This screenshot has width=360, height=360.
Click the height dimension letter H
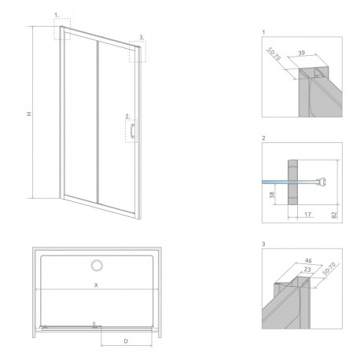tap(30, 114)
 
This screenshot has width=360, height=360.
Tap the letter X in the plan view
tap(96, 285)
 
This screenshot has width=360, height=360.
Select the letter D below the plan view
tap(126, 341)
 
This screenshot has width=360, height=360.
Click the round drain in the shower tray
tap(97, 266)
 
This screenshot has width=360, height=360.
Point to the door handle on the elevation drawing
tap(133, 131)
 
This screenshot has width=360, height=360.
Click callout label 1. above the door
tap(57, 16)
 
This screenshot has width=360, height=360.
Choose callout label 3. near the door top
tap(141, 38)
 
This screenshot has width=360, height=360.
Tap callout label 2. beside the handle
tap(127, 116)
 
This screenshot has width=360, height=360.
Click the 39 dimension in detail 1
tap(302, 53)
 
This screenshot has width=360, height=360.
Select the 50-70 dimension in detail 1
tap(274, 54)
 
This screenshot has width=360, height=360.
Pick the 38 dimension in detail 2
tap(272, 195)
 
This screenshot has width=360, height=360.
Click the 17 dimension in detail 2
tap(308, 215)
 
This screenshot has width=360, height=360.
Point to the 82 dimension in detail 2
tap(334, 215)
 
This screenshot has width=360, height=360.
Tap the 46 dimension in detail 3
tap(309, 261)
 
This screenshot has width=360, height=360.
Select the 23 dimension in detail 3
tap(307, 270)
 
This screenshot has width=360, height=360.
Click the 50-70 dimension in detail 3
tap(329, 269)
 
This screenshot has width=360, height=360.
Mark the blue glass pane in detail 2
tap(275, 182)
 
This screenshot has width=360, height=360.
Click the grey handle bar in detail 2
tap(293, 182)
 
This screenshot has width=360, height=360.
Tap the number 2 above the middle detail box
tap(263, 138)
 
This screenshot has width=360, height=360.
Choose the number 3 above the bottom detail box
tap(263, 244)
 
